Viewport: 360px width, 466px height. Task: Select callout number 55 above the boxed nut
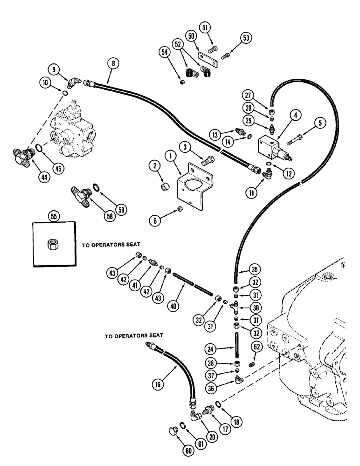click(x=52, y=216)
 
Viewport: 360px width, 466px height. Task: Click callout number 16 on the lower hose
click(x=157, y=383)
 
